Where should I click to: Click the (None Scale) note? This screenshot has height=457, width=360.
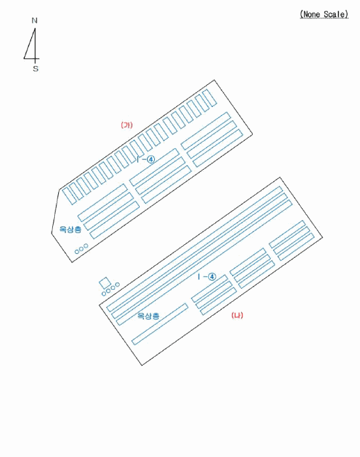[324, 14]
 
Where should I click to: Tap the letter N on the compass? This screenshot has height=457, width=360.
[35, 20]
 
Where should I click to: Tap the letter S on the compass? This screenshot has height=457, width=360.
[35, 69]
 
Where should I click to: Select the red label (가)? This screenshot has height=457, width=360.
[127, 125]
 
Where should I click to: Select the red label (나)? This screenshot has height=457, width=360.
[237, 315]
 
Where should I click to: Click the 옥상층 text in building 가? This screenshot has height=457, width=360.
[71, 229]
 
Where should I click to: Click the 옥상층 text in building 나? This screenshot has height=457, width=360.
[148, 315]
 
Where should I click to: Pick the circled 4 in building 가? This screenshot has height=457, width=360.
[151, 159]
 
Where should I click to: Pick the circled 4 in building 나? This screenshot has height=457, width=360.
[212, 277]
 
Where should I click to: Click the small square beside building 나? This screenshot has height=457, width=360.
[105, 283]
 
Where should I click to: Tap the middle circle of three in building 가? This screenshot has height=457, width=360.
[82, 249]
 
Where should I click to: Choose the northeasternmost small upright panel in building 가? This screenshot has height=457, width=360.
[210, 98]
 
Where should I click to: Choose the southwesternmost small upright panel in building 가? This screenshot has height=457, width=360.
[69, 196]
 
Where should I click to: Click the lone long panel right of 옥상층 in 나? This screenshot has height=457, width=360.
[159, 324]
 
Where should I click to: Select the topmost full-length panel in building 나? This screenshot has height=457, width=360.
[195, 249]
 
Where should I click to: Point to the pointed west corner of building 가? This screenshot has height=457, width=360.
[52, 233]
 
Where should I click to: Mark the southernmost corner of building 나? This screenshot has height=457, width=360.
[142, 365]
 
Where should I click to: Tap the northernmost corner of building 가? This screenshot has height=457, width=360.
[214, 80]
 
